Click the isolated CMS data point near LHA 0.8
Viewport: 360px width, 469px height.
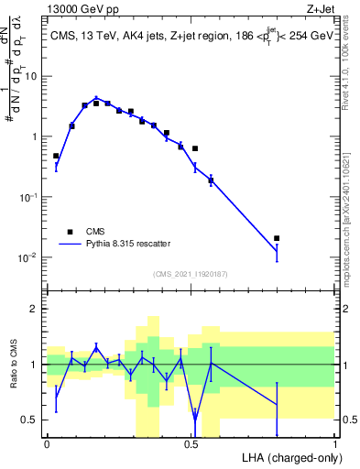[277, 238]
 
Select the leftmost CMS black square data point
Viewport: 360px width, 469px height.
[56, 156]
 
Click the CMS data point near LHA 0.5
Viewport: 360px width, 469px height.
[195, 148]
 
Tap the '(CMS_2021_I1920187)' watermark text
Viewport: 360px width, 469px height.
[189, 274]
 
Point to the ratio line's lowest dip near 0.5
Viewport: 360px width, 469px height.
[195, 421]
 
